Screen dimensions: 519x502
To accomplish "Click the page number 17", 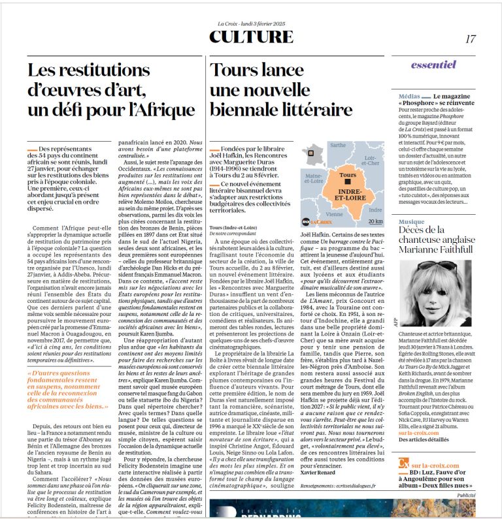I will point(471,39).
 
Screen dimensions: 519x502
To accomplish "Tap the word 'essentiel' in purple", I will point(433,65).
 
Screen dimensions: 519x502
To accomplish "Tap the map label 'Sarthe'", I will point(338,146).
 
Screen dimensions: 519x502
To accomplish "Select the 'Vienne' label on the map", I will point(335,213).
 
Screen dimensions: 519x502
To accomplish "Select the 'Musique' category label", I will point(412,222).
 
